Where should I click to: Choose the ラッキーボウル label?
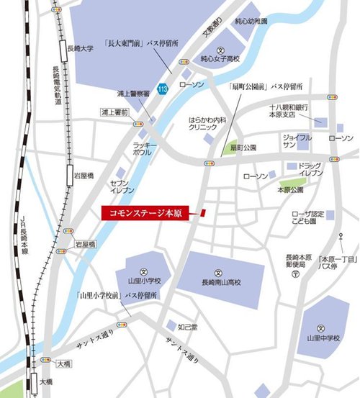[145, 148]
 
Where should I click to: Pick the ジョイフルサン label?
[297, 140]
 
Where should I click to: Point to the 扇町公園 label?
[243, 148]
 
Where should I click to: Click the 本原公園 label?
[292, 191]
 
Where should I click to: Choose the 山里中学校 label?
[323, 336]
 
